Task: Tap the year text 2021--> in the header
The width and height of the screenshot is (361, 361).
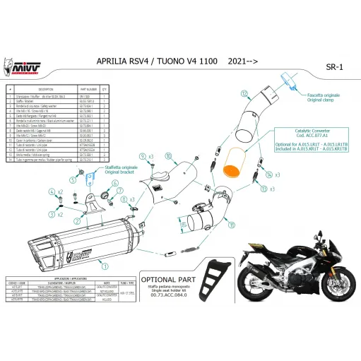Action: point(242,62)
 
